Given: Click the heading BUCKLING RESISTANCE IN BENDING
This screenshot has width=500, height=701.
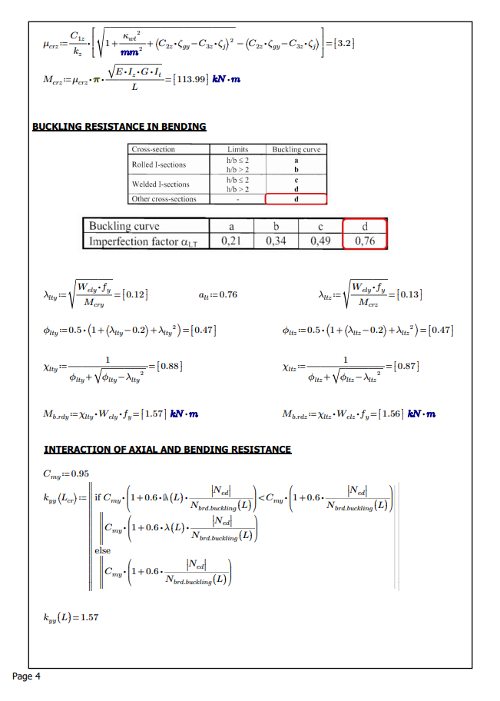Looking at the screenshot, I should click(119, 127).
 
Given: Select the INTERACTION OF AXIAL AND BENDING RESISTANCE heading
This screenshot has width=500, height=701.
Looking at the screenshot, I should click(167, 449).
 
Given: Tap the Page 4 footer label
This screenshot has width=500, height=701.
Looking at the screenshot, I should click(27, 676).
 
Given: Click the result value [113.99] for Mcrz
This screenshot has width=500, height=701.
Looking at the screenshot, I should click(184, 80).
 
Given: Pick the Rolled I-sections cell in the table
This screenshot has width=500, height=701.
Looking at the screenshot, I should click(159, 164).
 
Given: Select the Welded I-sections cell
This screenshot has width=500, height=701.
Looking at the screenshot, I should click(161, 184).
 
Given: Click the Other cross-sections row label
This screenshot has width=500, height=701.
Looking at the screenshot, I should click(164, 199).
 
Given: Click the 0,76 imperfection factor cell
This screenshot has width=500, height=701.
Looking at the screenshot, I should click(365, 241).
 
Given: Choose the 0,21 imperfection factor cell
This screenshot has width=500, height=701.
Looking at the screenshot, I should click(231, 241).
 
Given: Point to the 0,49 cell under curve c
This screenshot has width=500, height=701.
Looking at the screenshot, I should click(320, 241).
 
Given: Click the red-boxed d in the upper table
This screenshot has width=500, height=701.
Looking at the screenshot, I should click(296, 199).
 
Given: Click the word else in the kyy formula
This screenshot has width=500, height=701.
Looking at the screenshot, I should click(102, 550).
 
